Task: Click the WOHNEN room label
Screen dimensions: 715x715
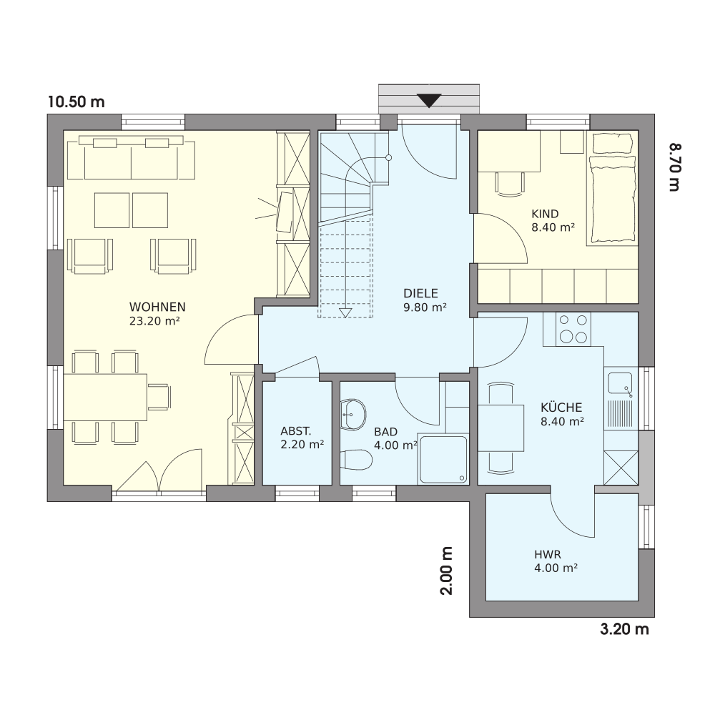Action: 157,307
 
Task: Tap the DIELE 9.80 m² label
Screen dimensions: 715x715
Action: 425,300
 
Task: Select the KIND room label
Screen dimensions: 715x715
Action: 545,214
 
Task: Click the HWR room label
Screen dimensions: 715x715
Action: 548,555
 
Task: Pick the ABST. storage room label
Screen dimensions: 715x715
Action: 296,431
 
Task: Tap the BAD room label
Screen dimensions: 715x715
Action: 386,431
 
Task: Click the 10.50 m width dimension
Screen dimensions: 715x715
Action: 77,102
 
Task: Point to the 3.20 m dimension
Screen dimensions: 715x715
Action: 624,629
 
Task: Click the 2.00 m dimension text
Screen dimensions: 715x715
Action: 446,571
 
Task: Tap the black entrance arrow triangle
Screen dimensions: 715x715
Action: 429,100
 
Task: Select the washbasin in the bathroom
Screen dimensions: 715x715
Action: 353,415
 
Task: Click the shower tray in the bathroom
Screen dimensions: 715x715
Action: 443,459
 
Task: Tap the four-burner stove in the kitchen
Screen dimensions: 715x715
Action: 573,329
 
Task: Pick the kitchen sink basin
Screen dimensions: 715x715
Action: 620,383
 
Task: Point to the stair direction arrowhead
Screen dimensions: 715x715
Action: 345,312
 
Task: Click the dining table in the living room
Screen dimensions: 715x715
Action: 105,397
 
